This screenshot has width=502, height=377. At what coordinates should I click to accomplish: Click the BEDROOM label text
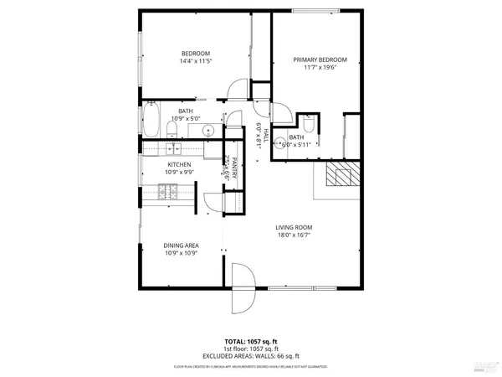[x=194, y=53]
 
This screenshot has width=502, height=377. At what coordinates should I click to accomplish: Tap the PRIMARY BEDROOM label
[x=320, y=59]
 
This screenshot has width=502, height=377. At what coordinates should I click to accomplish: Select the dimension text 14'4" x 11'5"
[x=194, y=61]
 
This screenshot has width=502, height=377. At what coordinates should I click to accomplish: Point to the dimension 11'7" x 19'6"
[x=320, y=69]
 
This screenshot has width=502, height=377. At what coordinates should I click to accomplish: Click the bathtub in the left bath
[x=152, y=121]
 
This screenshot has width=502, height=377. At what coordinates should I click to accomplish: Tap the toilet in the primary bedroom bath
[x=308, y=125]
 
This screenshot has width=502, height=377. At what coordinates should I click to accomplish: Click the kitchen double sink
[x=173, y=149]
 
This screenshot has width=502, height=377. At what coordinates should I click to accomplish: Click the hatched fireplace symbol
[x=341, y=174]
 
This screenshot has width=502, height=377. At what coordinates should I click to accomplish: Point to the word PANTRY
[x=237, y=171]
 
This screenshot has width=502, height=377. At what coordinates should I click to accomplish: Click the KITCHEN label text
[x=179, y=165]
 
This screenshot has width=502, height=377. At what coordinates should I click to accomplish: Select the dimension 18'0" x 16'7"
[x=295, y=236]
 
